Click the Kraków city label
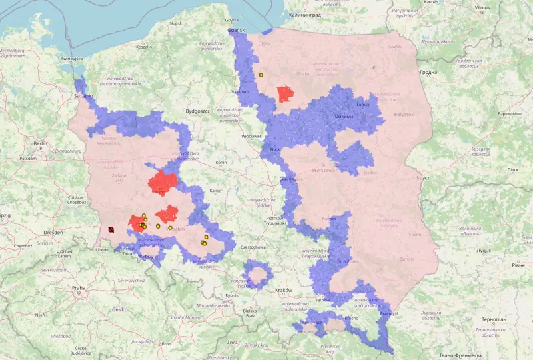click(284, 290)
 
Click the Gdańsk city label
click(237, 30)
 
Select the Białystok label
click(403, 114)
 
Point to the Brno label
click(166, 343)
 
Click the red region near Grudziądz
click(286, 94)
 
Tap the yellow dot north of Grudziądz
click(261, 75)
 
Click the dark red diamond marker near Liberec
click(111, 230)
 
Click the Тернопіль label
click(492, 319)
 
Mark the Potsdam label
click(28, 159)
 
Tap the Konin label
click(221, 162)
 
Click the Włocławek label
click(252, 136)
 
